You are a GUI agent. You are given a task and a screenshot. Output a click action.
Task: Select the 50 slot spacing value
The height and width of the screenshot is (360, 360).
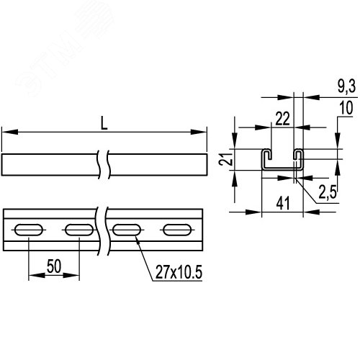coord(52,266)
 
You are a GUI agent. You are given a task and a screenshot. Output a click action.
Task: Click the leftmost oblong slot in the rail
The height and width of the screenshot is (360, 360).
coord(28,230)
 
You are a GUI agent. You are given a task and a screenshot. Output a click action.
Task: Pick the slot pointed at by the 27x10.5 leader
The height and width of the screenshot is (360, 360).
coord(127,230)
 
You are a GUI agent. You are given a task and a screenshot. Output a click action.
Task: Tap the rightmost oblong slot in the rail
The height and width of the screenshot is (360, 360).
coord(176,230)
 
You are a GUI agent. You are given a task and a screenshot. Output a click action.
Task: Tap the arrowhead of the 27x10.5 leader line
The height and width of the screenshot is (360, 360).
coord(135,239)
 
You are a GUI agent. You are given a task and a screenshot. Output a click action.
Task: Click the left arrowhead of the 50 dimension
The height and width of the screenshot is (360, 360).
coord(31,274)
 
